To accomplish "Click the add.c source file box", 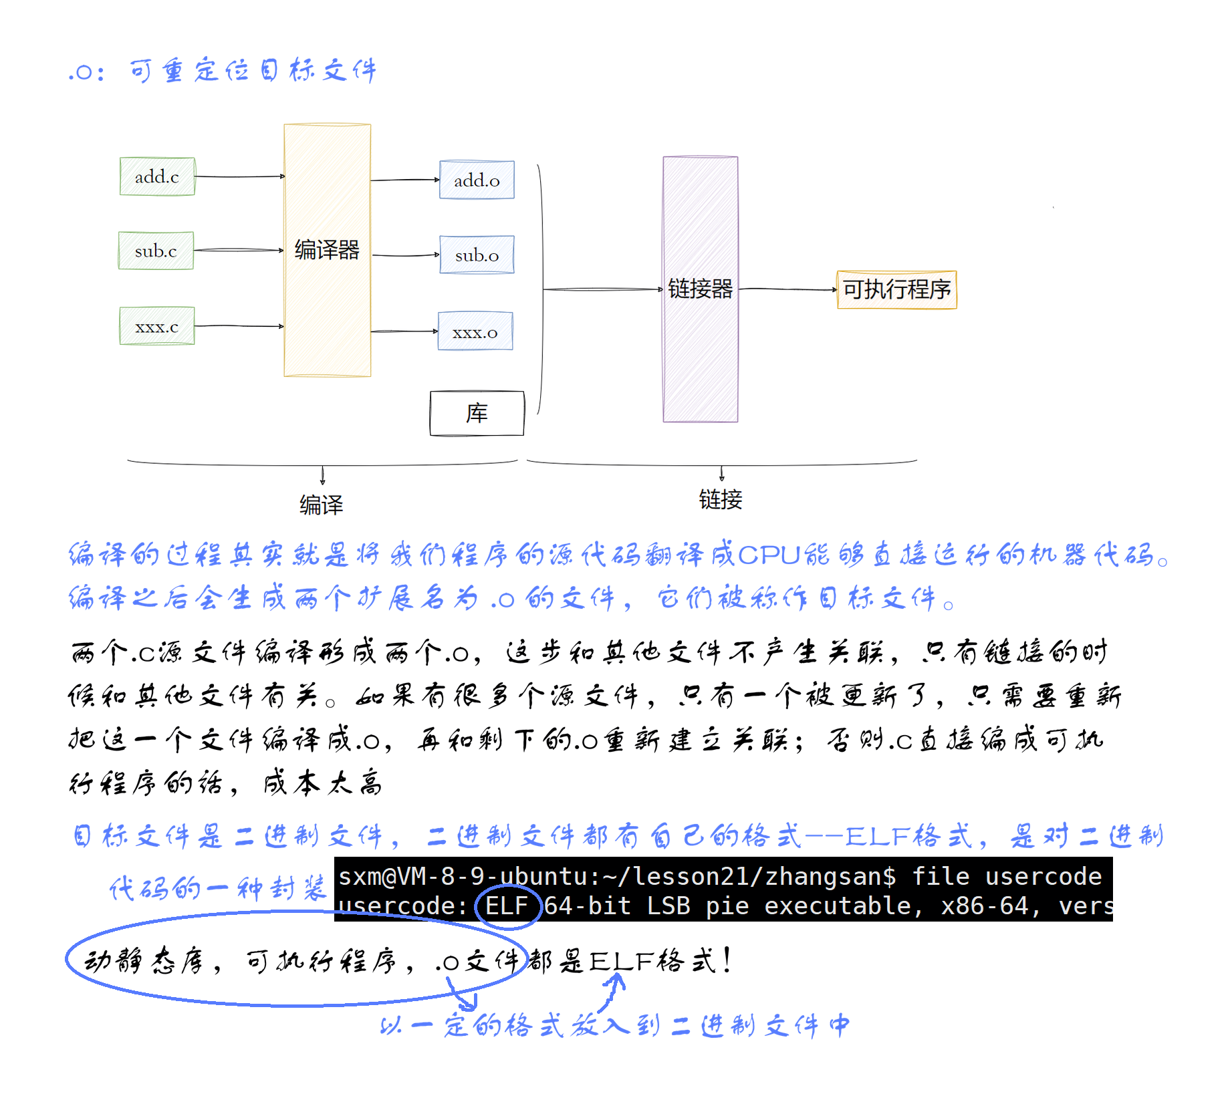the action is pos(157,176).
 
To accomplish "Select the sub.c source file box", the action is pos(156,251).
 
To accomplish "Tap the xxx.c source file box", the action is pos(157,326).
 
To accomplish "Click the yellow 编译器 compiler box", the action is pos(327,250).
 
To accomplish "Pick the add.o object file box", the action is pos(477,180).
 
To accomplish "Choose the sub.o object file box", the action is pos(477,255).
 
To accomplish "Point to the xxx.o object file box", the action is pos(475,331).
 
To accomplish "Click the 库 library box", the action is pos(477,413).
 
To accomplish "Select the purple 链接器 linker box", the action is pos(700,289).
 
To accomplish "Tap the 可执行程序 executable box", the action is pos(896,289).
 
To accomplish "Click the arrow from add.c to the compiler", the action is pos(239,176).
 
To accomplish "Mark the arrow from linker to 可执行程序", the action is pos(787,289).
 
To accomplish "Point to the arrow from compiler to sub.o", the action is pos(405,255).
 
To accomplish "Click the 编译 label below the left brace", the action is pos(321,505).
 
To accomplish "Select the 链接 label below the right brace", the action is pos(721,499).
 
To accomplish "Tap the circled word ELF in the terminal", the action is pos(506,906).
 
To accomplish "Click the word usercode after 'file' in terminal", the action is pos(1043,876).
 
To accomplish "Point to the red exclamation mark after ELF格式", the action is pos(727,960).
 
